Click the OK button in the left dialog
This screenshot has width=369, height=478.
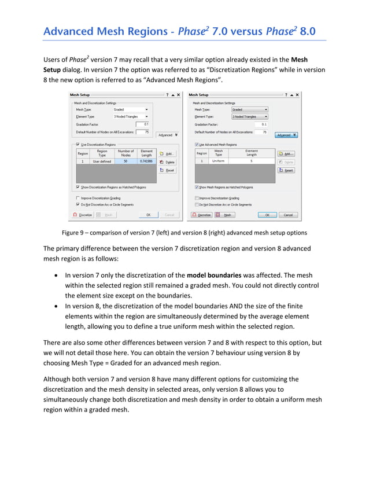[x=148, y=215]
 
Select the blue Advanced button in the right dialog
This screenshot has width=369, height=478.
[x=286, y=135]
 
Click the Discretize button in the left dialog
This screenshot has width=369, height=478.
[x=83, y=215]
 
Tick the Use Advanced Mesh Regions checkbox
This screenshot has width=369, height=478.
[x=197, y=144]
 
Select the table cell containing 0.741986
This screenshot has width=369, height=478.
[x=146, y=161]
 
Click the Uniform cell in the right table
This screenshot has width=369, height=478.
[x=219, y=161]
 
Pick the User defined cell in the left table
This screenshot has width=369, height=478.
[x=102, y=161]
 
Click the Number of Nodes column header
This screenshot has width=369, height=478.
[x=126, y=153]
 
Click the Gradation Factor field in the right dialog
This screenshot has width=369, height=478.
[x=257, y=124]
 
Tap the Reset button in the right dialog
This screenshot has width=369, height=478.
[x=286, y=170]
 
